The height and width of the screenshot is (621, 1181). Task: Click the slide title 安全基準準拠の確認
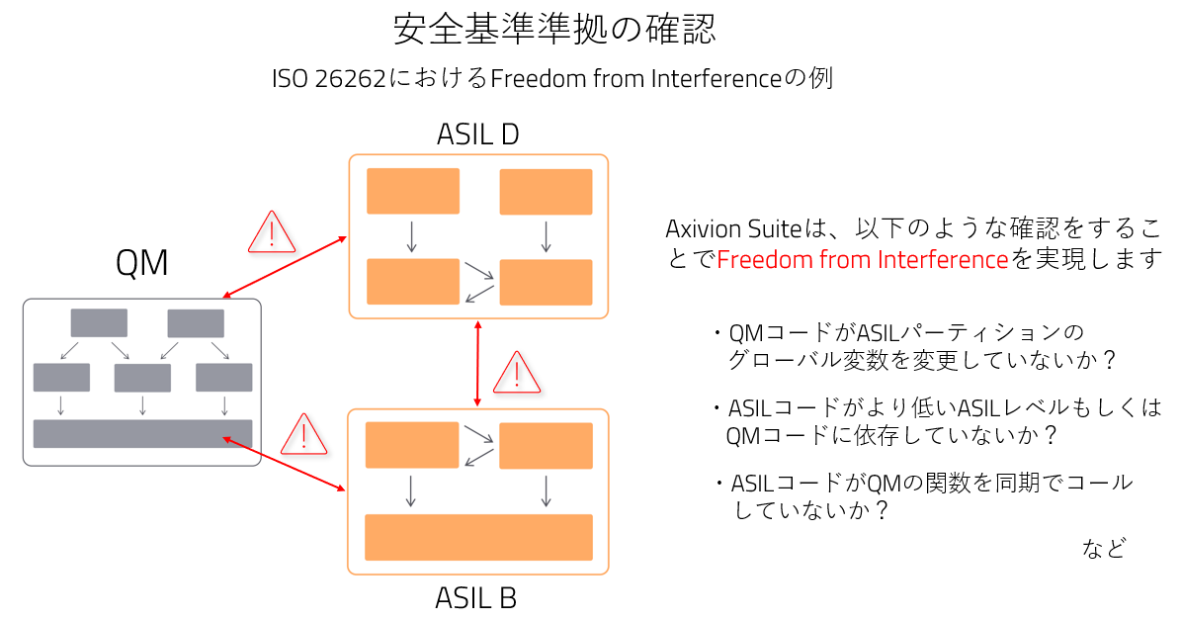pos(553,29)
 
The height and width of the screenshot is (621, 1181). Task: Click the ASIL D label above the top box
pos(477,134)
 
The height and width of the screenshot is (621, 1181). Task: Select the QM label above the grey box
pos(141,263)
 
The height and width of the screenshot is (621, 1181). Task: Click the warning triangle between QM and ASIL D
pos(270,232)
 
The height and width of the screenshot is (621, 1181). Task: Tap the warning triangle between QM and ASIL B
pos(304,434)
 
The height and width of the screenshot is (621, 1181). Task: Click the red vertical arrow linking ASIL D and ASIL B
pos(478,363)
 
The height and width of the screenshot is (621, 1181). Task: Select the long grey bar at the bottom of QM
pos(142,434)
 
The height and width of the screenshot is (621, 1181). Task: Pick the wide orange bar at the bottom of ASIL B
pos(478,537)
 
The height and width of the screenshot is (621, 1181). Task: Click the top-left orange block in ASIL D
pos(413,191)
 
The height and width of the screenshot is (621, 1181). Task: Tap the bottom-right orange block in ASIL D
pos(546,282)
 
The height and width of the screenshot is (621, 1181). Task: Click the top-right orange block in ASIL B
pos(546,445)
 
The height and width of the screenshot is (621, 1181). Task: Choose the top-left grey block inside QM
pos(99,322)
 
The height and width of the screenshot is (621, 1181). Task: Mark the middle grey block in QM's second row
pos(142,378)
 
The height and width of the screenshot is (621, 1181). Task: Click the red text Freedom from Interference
pos(862,260)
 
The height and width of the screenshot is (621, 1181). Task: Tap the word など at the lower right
pos(1104,549)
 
